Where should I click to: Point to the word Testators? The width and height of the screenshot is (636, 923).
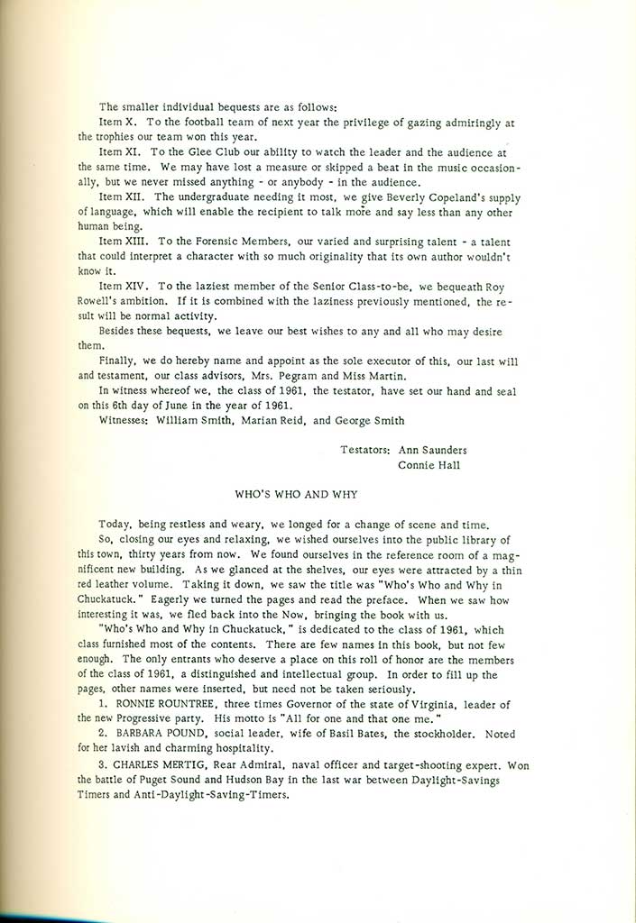click(365, 450)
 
